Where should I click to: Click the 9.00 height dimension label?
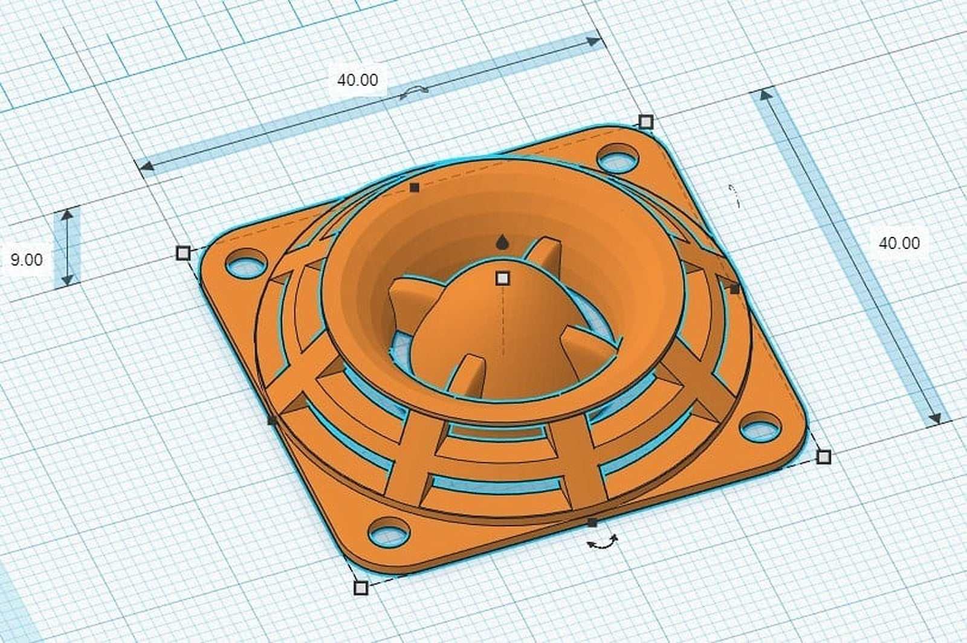[x=27, y=260]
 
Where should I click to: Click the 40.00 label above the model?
[x=358, y=80]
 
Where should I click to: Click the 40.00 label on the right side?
[x=899, y=243]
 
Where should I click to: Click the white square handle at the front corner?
[x=361, y=587]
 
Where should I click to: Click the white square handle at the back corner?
[x=645, y=122]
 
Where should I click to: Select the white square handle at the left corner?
[x=183, y=253]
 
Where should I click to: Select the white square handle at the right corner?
[x=823, y=456]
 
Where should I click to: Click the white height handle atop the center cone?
[x=502, y=279]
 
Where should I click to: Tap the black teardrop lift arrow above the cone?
[x=502, y=243]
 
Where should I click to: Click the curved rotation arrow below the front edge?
[x=603, y=544]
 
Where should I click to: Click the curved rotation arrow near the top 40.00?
[x=415, y=91]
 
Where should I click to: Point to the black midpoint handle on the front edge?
[x=592, y=522]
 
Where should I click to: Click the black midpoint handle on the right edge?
[x=734, y=289]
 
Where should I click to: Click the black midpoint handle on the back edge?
[x=414, y=188]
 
